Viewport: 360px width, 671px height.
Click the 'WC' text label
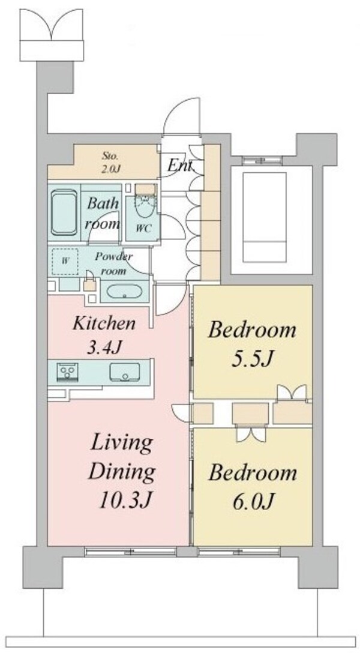click(x=144, y=229)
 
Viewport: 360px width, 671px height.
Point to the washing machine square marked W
click(x=65, y=261)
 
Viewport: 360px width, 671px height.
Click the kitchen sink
click(x=124, y=373)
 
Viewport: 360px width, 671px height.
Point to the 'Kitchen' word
click(x=104, y=323)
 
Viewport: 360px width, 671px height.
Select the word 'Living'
click(x=121, y=444)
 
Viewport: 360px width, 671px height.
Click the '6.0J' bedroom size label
click(x=252, y=499)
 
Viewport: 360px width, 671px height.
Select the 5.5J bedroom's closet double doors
click(x=292, y=393)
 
